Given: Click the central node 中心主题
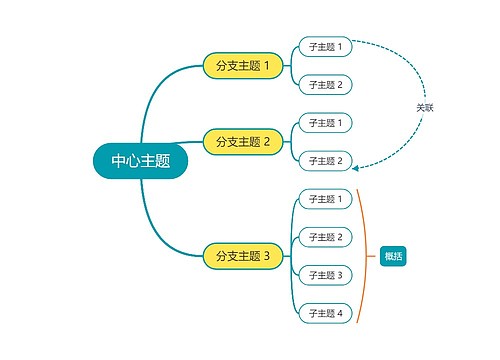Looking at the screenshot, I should [140, 160].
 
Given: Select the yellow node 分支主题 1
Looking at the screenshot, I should [237, 66].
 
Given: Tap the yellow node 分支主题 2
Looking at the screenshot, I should [237, 142].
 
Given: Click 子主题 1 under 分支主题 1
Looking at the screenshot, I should [325, 47].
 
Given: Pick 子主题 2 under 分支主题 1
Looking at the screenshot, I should [325, 85].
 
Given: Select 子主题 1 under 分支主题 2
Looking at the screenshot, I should [325, 123].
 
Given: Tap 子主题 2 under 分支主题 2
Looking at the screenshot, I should [325, 160].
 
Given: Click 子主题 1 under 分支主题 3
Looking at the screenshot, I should [325, 199].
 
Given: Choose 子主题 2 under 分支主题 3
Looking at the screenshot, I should [325, 237].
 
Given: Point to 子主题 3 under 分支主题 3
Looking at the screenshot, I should [325, 275].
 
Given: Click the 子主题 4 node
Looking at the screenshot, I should [325, 313].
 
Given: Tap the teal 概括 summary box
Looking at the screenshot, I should [393, 256].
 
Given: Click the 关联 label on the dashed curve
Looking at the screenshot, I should [425, 107].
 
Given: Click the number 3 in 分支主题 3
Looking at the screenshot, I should [267, 256].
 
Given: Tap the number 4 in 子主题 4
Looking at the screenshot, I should [340, 313].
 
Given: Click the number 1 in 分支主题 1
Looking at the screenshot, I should [267, 66].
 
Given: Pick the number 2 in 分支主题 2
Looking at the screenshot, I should [267, 142].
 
